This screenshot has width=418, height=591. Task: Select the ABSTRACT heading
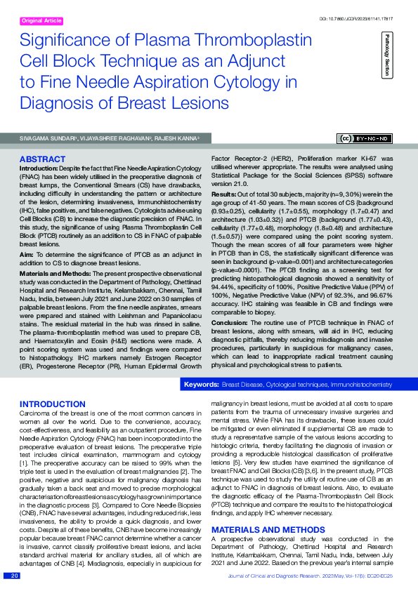click(x=44, y=160)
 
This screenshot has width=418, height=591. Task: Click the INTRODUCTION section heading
click(x=53, y=405)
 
